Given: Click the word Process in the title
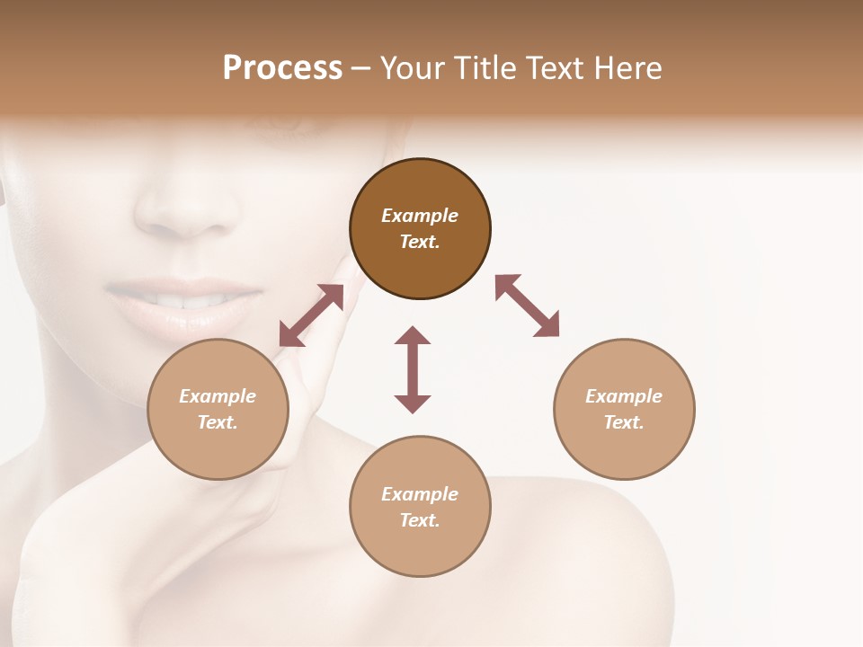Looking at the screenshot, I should click(282, 68).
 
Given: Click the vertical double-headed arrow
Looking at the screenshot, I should click(413, 369).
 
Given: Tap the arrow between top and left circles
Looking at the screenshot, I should click(311, 315).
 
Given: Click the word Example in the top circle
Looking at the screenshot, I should click(420, 216).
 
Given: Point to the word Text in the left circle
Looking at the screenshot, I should click(218, 422).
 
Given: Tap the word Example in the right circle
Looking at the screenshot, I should click(624, 396).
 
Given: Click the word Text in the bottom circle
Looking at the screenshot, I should click(420, 520).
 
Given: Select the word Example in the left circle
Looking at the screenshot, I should click(218, 396).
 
